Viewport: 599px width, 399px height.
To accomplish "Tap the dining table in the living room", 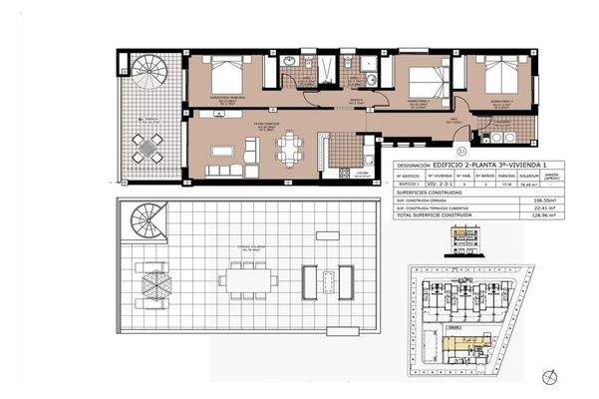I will pyautogui.click(x=290, y=150).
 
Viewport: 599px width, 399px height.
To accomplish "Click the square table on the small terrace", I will pyautogui.click(x=149, y=149).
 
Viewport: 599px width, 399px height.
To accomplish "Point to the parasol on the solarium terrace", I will pyautogui.click(x=156, y=281).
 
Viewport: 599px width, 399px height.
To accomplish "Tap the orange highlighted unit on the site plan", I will pyautogui.click(x=464, y=340).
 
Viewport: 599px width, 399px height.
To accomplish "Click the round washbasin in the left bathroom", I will pyautogui.click(x=289, y=63).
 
